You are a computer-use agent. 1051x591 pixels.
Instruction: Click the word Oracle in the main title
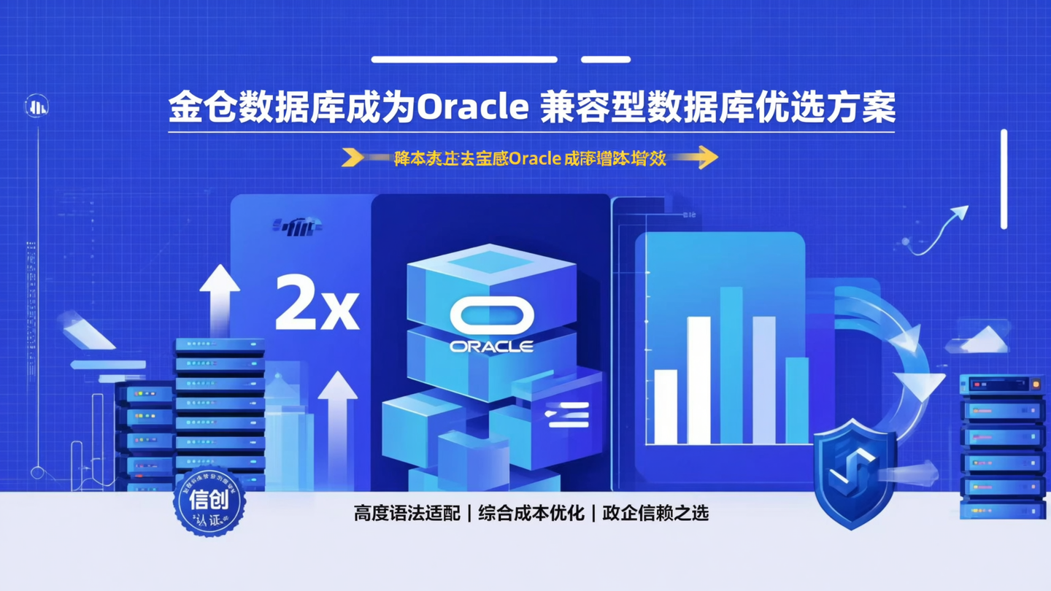pos(472,108)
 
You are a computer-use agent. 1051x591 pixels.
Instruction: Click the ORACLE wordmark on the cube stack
pos(491,346)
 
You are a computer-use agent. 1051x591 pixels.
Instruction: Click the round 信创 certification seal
pos(209,501)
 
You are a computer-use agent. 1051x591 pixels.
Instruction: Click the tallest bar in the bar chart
pos(731,365)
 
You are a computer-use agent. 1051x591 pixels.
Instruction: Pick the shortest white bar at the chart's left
pos(665,406)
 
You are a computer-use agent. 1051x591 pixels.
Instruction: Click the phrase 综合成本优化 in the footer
pos(531,513)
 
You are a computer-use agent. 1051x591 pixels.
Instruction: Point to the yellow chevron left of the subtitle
pos(353,157)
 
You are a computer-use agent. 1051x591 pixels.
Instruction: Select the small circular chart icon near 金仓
pos(36,107)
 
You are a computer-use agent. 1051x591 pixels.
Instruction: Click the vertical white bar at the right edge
pos(1004,179)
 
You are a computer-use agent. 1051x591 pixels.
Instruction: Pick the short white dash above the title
pos(605,59)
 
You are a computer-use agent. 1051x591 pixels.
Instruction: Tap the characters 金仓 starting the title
pos(197,108)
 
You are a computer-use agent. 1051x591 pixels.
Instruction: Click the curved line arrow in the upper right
pos(938,230)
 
